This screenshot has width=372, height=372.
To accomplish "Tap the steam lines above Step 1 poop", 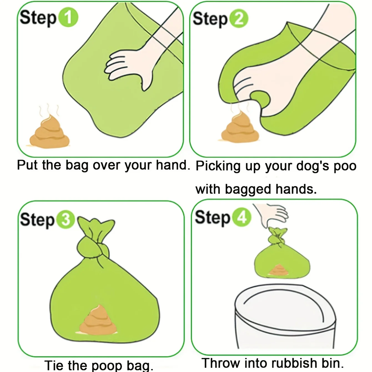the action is tap(49, 110).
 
